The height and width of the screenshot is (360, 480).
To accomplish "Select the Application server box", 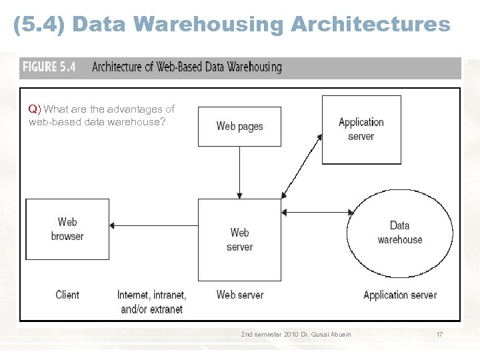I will (361, 129).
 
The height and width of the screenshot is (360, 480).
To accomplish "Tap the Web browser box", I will (67, 229).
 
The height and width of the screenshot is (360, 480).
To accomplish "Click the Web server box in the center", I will (239, 239).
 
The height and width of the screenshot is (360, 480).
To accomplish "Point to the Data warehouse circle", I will (399, 233).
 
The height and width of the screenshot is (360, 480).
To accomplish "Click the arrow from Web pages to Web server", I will (239, 171).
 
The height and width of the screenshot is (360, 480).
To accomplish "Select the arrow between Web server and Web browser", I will (153, 225).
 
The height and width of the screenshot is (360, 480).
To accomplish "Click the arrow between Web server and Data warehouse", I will (317, 213).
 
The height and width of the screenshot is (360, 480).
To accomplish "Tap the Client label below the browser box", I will (67, 295).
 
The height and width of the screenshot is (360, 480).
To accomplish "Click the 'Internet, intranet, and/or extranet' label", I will (152, 302).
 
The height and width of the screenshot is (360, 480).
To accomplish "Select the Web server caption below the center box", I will (239, 295).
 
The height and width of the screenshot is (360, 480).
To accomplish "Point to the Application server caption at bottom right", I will (400, 295).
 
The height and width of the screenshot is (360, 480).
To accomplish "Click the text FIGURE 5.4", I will (49, 67).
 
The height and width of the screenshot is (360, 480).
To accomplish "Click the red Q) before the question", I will (35, 109).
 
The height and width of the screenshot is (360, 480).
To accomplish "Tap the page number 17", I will (439, 334).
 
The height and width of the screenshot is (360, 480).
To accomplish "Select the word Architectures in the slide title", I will (370, 25).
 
